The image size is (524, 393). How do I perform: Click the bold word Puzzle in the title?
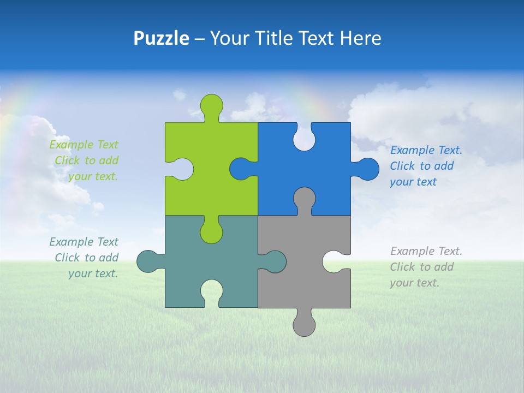click(161, 38)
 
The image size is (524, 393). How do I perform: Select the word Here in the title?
click(360, 38)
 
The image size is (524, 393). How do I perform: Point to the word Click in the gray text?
click(403, 267)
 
